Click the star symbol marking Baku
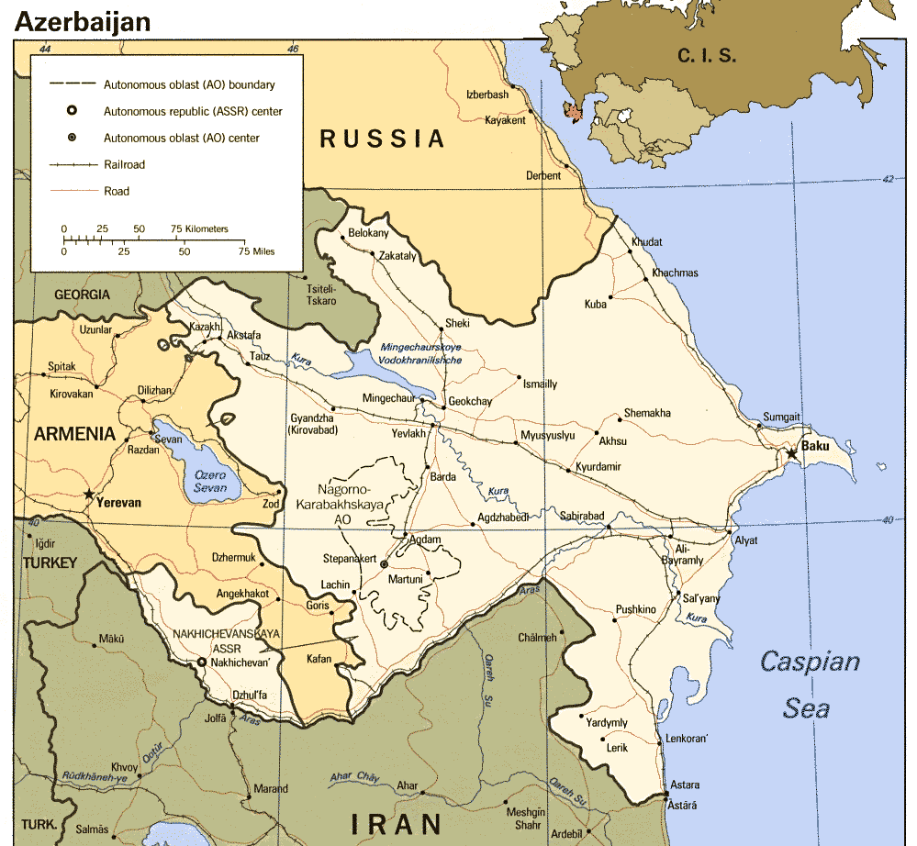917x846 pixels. click(x=790, y=453)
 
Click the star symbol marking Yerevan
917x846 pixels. click(x=89, y=495)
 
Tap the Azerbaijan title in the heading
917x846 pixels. click(x=83, y=22)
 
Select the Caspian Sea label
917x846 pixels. click(x=809, y=685)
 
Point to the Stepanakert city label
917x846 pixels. click(x=349, y=558)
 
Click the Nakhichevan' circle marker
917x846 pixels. click(x=202, y=662)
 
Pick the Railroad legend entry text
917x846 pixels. click(x=124, y=165)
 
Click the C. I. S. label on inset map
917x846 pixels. click(x=707, y=55)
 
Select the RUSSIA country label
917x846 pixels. click(x=382, y=139)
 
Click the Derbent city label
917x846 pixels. click(x=542, y=176)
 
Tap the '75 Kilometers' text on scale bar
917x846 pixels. click(x=199, y=228)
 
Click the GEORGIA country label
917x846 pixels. click(x=82, y=295)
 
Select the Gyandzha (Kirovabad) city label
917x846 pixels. click(x=314, y=424)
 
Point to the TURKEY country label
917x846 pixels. click(x=50, y=562)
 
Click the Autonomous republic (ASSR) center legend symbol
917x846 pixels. click(x=72, y=111)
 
